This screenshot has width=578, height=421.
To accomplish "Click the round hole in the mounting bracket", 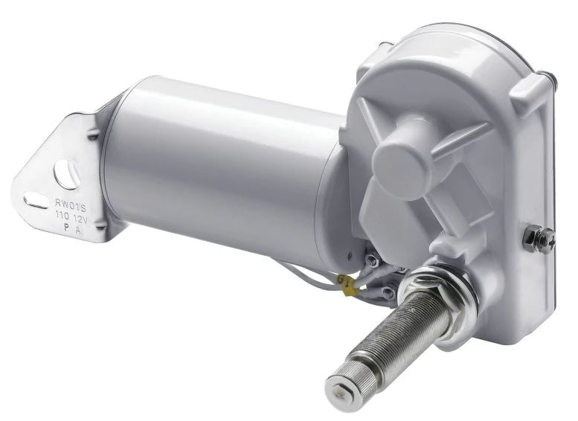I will tap(66, 173).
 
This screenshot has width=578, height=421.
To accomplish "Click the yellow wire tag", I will tap(346, 283).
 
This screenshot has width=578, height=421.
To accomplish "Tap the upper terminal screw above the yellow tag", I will tap(370, 260).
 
